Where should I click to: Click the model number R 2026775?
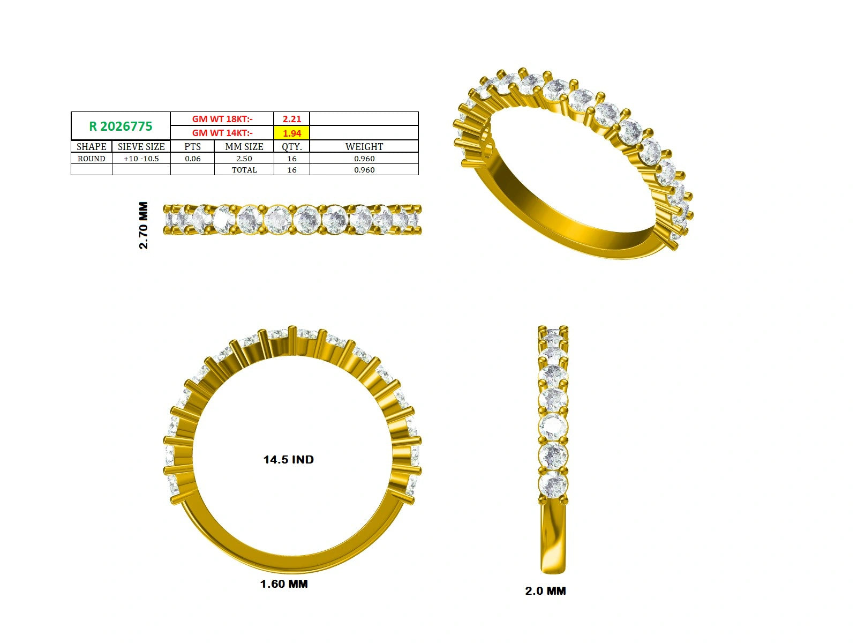coord(121,126)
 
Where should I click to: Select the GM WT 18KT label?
coord(222,118)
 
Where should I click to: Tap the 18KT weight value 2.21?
coord(292,118)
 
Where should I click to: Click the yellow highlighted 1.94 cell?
coord(292,133)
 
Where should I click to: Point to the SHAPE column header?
coord(92,146)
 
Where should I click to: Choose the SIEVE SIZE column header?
coord(141,146)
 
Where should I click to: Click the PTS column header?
coord(192,146)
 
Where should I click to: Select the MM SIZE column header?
coord(244,146)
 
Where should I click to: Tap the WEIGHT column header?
coord(364,146)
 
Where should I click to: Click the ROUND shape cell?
coord(92,159)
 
